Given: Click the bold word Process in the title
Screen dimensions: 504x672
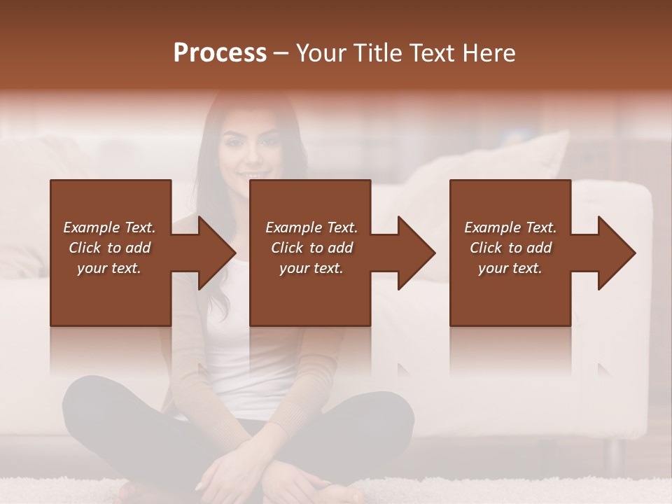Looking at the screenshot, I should pos(220,53).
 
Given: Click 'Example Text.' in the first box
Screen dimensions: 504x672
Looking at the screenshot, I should pos(109,227).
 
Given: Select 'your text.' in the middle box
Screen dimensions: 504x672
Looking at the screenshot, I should pos(311,268).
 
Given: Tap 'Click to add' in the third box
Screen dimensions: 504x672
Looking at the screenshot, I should pos(511,248).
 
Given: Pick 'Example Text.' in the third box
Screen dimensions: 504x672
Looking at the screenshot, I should pos(510,227).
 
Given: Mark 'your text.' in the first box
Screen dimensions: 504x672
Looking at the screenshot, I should pos(109,268).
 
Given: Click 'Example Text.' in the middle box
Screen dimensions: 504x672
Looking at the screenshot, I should pos(311,227).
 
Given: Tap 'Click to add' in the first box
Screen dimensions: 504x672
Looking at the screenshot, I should pos(109,248).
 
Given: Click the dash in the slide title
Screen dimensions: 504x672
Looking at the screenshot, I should pos(281,53).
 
